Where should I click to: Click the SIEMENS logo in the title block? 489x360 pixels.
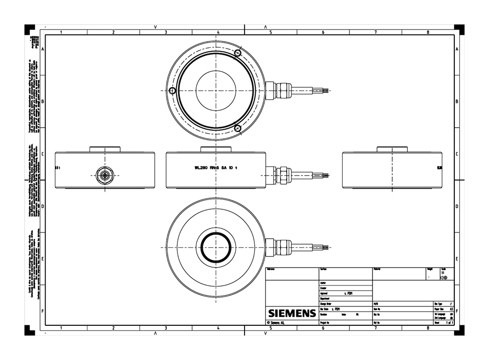pos(291,313)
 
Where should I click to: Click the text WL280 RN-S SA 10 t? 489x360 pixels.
pos(216,168)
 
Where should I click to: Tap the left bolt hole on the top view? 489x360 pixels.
pos(172,91)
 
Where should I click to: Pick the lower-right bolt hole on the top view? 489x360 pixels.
pos(238,129)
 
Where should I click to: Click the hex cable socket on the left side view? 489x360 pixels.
pos(104,173)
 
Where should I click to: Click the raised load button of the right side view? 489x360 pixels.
pos(392,149)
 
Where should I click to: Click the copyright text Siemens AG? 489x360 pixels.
pos(277,323)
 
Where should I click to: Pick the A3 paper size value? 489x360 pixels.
pos(450,309)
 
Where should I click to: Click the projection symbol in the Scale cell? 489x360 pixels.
pos(444,277)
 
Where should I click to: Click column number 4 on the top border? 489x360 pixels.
pos(218,32)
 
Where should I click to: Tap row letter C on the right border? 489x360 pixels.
pos(457,154)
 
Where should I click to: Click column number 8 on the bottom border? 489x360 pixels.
pos(428,328)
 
